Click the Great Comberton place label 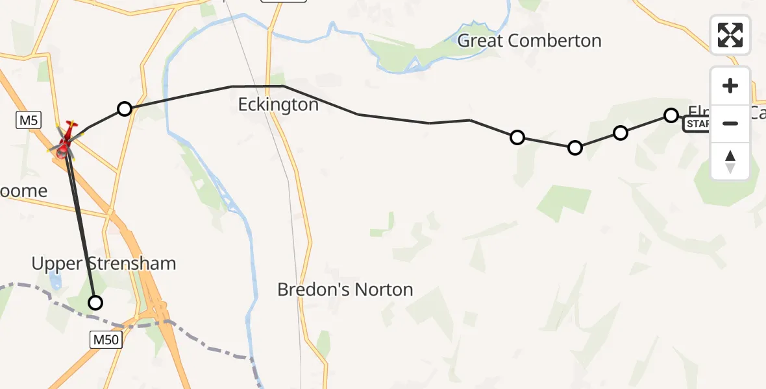click(x=529, y=41)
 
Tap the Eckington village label click(x=278, y=104)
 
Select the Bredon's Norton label click(x=345, y=289)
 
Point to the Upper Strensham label click(x=104, y=264)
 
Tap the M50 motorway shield click(x=105, y=338)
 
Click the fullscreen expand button click(x=730, y=35)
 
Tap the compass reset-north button click(x=730, y=161)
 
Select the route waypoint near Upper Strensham click(x=95, y=302)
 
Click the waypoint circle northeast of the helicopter click(x=125, y=109)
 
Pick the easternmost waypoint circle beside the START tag click(x=671, y=115)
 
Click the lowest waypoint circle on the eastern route click(x=575, y=148)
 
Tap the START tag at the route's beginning click(x=697, y=124)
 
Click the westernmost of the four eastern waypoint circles click(x=517, y=137)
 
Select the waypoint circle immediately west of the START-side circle click(x=621, y=133)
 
